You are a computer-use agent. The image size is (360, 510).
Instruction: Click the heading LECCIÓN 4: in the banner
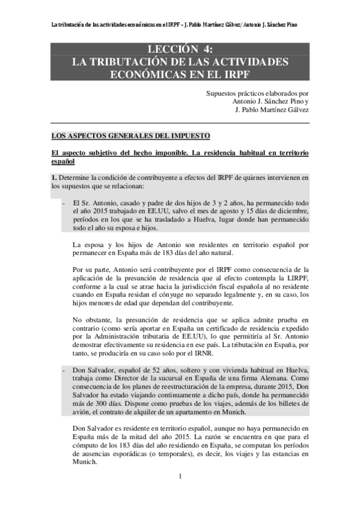point(180,49)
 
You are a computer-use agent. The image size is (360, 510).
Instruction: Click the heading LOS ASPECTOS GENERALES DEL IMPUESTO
point(130,137)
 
